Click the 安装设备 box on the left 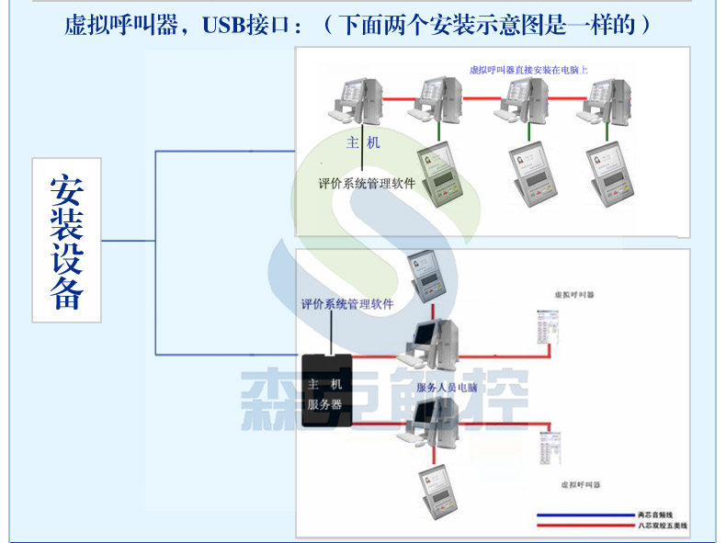66,240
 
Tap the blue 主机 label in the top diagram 362,143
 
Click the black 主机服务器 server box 325,390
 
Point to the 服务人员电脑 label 447,388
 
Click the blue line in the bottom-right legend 583,515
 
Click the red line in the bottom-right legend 583,526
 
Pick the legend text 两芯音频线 655,515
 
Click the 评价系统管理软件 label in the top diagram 367,183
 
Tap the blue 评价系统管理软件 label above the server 347,304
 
